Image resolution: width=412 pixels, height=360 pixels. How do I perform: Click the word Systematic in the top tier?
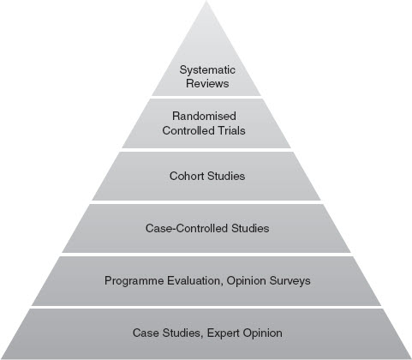(x=207, y=70)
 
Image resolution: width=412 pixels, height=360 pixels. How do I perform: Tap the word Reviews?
(x=207, y=83)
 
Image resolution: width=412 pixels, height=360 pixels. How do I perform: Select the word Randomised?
(x=204, y=116)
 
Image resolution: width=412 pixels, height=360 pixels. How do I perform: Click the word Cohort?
(x=187, y=176)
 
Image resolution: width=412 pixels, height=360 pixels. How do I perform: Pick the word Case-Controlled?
(x=187, y=228)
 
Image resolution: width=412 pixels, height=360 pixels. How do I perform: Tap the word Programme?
(x=134, y=280)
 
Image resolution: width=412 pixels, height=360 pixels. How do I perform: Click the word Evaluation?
(x=195, y=280)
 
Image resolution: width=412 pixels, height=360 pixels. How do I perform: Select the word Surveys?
(x=290, y=280)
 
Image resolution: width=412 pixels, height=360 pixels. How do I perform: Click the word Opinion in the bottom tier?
(x=263, y=333)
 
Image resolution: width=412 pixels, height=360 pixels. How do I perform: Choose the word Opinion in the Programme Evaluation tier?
(x=246, y=280)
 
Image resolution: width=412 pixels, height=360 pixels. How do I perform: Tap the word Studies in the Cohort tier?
(x=226, y=176)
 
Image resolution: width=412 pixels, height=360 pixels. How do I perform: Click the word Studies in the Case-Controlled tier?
(x=250, y=228)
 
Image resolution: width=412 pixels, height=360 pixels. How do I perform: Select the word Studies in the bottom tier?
(x=182, y=333)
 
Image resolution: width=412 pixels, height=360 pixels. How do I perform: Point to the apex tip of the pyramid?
(x=206, y=1)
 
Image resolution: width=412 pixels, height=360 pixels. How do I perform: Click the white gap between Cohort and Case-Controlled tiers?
(x=206, y=202)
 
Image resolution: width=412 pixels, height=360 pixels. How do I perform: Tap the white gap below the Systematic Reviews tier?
(x=206, y=97)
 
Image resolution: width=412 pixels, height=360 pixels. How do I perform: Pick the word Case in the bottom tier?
(x=146, y=333)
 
